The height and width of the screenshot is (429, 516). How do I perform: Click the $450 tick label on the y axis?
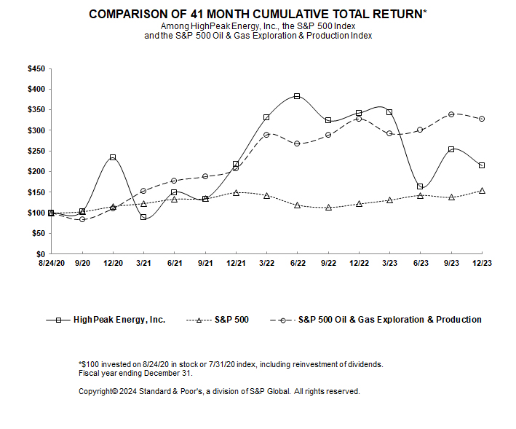pos(36,68)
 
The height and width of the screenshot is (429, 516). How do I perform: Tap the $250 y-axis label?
pos(36,151)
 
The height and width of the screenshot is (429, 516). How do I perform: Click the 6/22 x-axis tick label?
pos(297,262)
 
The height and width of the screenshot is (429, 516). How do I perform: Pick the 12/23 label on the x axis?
pos(481,262)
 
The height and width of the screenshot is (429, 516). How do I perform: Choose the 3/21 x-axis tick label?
pos(143,262)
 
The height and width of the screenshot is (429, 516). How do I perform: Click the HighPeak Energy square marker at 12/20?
pos(113,157)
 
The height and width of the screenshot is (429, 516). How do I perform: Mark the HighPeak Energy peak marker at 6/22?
pos(297,96)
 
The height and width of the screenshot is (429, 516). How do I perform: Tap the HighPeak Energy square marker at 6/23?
pos(420,186)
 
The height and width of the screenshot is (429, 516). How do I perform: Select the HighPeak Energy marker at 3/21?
pos(143,217)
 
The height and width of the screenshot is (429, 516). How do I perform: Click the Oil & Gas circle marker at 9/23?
pos(451,114)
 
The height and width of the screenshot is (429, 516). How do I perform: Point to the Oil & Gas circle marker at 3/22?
pos(266,135)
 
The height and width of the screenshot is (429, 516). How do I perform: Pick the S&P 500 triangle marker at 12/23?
pos(482,191)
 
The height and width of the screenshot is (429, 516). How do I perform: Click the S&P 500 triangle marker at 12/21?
pos(236,193)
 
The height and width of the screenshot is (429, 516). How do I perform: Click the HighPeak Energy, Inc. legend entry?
pos(106,320)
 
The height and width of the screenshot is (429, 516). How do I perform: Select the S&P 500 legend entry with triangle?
pos(223,320)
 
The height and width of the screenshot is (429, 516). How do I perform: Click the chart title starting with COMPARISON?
pos(258,14)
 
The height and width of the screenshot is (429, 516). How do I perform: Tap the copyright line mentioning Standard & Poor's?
pos(218,391)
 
